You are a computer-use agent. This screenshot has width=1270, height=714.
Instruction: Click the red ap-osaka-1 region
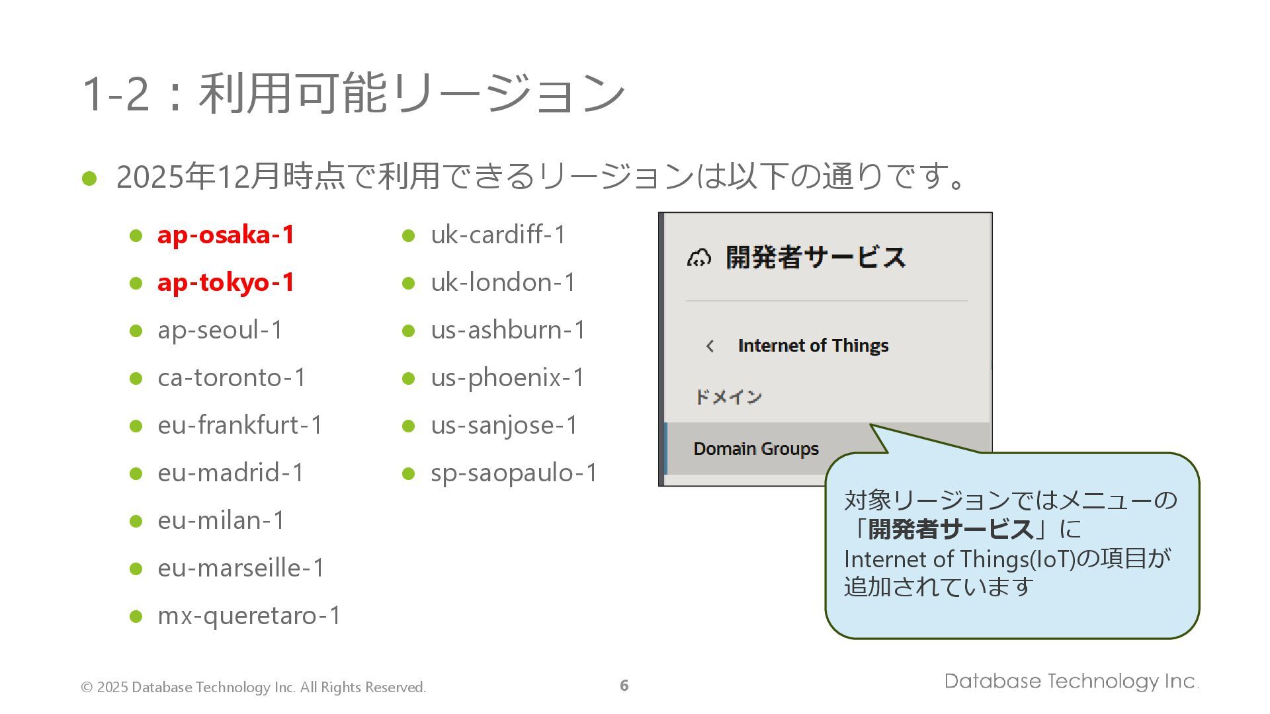[226, 235]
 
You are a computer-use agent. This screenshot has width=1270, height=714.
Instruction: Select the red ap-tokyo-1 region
[226, 283]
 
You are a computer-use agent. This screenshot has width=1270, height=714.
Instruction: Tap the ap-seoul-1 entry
[220, 330]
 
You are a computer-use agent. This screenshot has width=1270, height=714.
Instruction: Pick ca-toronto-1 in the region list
[232, 377]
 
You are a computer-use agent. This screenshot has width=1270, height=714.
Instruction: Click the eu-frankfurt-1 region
[239, 425]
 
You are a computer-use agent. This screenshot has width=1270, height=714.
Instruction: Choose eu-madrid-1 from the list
[231, 473]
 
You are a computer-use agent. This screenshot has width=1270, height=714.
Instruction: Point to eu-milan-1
[221, 520]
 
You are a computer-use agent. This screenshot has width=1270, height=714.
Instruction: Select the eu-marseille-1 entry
[241, 568]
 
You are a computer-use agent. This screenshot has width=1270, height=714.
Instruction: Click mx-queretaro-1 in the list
[249, 615]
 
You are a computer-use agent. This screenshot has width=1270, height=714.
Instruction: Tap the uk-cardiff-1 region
[498, 235]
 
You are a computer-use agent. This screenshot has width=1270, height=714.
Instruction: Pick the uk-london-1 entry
[503, 283]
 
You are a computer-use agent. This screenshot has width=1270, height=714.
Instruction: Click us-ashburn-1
[508, 330]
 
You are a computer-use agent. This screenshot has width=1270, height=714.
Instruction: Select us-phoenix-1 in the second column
[507, 377]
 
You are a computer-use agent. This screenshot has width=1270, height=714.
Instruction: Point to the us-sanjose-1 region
[504, 425]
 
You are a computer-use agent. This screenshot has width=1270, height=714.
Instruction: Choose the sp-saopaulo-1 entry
[514, 473]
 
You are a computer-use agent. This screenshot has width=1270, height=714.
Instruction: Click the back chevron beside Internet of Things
[710, 346]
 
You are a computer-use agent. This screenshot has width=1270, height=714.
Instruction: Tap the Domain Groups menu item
[756, 449]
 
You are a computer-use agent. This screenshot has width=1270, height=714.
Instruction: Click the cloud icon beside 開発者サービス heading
[698, 258]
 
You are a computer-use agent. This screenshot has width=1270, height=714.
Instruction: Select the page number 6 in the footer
[624, 686]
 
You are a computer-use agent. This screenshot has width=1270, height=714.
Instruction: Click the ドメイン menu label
[728, 397]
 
